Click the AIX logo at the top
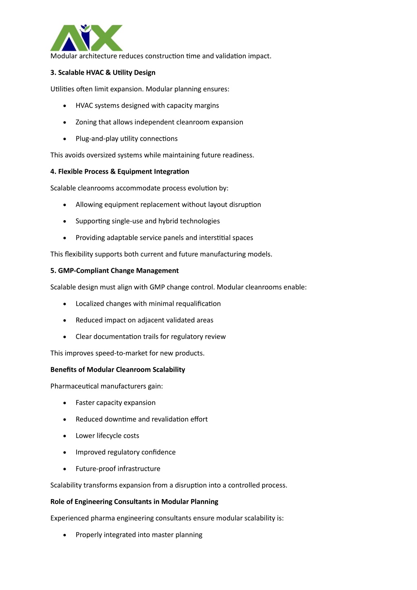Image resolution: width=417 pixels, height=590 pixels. coord(86,38)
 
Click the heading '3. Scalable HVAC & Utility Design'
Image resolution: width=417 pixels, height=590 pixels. coord(103,73)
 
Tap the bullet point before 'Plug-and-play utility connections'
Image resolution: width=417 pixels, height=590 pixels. coord(65,139)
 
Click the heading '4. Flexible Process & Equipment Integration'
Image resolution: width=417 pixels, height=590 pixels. coord(119,172)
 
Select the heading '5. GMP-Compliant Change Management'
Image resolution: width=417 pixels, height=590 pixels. coord(114,271)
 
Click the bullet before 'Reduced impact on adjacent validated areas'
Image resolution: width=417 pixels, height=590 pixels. coord(65,320)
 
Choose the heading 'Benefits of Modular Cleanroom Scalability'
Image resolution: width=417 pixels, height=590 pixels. coord(117,370)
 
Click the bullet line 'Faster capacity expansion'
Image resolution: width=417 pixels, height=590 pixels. coord(115,403)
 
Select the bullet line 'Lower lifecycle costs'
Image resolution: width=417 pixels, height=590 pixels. coord(107,436)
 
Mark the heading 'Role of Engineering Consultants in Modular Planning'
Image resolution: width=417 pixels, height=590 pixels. coord(134,502)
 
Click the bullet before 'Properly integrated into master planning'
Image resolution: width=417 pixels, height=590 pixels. coord(65,535)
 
